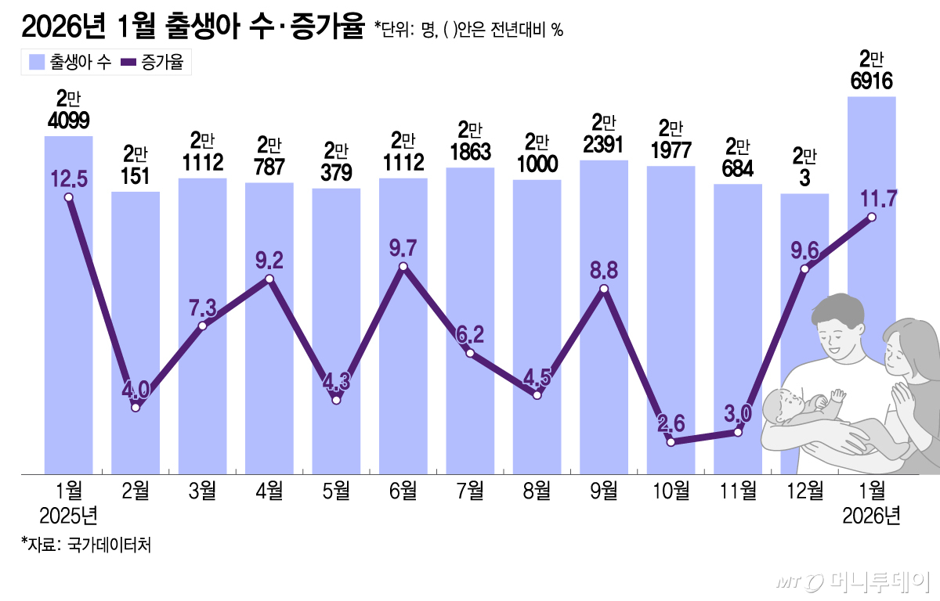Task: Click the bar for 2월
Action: pyautogui.click(x=136, y=329)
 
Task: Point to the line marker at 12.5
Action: pyautogui.click(x=69, y=197)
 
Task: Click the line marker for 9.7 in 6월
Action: pyautogui.click(x=403, y=268)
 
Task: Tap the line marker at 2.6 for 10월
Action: pyautogui.click(x=671, y=442)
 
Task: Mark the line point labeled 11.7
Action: pyautogui.click(x=872, y=218)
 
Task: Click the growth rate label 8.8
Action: pyautogui.click(x=604, y=269)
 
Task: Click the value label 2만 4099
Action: pyautogui.click(x=69, y=110)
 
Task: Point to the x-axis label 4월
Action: pyautogui.click(x=269, y=491)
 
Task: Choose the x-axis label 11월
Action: pyautogui.click(x=737, y=491)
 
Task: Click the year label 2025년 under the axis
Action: pyautogui.click(x=69, y=516)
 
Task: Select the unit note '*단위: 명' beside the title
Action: pyautogui.click(x=403, y=30)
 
